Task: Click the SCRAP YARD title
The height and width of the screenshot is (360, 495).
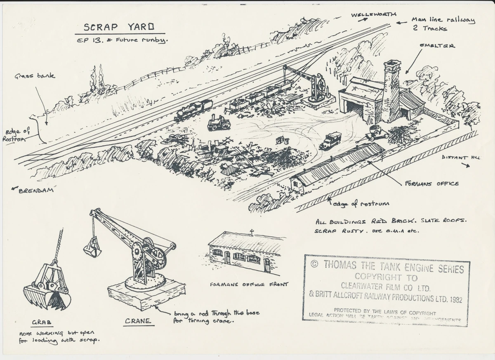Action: (119, 27)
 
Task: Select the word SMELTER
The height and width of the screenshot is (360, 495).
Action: (437, 46)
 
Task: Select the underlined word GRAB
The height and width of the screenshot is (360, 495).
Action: (42, 322)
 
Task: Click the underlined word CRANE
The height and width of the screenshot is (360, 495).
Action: (138, 320)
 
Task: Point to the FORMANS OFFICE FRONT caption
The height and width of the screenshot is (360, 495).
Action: (248, 284)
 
